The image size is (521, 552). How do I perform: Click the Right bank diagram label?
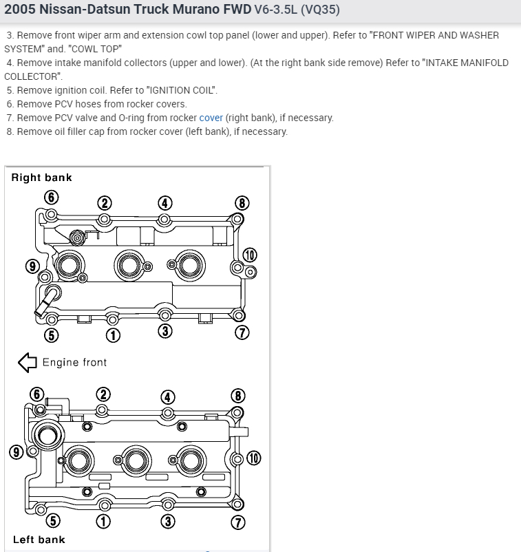(41, 178)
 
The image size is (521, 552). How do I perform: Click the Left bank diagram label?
(39, 540)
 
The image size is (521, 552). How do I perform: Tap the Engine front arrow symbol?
(27, 362)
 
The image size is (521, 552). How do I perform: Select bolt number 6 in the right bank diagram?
(51, 198)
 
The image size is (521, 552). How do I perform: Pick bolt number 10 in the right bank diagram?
(249, 255)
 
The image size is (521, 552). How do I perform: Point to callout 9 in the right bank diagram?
(32, 266)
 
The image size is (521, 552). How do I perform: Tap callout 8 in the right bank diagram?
(242, 202)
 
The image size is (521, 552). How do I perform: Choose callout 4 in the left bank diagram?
(167, 397)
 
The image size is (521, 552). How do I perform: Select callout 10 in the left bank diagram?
(254, 458)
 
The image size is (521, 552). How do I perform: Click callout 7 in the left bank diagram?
(237, 522)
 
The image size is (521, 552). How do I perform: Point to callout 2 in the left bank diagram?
(103, 394)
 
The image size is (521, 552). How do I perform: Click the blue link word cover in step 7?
(211, 118)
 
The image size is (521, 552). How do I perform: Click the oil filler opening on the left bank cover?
(49, 435)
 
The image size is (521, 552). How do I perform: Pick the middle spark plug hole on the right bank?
(129, 263)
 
